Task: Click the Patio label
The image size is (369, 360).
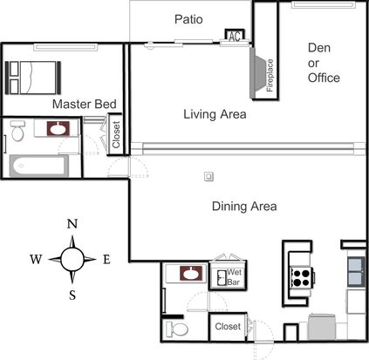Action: click(x=188, y=19)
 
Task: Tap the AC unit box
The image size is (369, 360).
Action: click(x=235, y=36)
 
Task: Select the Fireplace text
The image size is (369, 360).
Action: click(x=270, y=75)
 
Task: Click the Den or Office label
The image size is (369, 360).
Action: click(x=324, y=63)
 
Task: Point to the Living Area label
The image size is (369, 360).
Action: click(x=215, y=114)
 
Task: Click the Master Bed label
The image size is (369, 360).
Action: click(x=85, y=104)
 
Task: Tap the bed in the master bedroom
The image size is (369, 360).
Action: click(x=33, y=78)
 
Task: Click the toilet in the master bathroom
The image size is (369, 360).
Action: click(x=17, y=131)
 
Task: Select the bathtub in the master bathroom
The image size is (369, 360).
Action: click(x=38, y=166)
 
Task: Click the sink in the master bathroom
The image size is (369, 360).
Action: click(x=58, y=128)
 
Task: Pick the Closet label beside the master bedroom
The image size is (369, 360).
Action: click(x=116, y=134)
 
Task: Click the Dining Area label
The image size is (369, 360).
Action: click(x=244, y=207)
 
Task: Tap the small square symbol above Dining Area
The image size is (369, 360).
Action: click(x=208, y=176)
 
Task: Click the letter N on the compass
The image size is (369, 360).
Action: click(x=72, y=224)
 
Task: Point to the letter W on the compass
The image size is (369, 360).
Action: click(x=36, y=259)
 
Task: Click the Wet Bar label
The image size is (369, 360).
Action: click(x=234, y=277)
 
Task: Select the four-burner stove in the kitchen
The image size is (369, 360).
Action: click(x=302, y=278)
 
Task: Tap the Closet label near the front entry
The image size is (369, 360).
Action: click(x=228, y=326)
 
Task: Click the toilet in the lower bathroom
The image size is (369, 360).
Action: click(x=177, y=329)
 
